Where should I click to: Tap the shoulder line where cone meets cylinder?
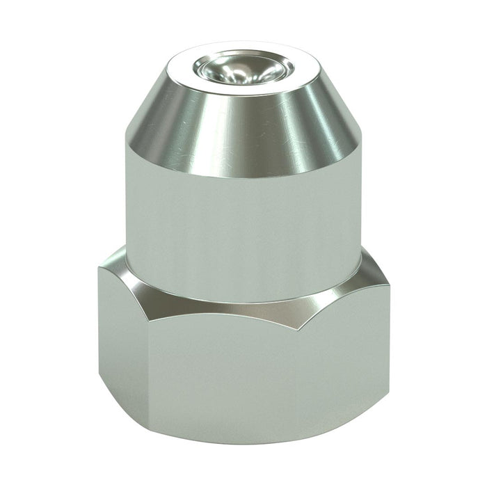tap(243, 177)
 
